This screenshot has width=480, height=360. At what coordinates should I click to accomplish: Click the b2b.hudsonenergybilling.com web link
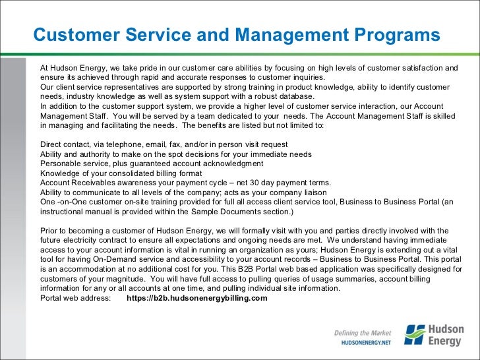click(196, 298)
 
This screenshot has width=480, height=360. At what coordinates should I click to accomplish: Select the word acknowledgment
click(229, 164)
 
